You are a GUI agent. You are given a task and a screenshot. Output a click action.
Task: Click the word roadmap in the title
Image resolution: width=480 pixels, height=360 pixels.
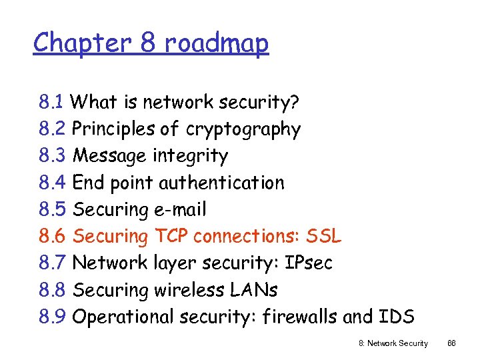coord(217,43)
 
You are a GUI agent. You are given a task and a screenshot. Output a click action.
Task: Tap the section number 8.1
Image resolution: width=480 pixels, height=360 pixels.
coord(51,102)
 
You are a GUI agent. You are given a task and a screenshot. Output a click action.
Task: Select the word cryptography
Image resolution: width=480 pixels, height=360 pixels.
coord(243,129)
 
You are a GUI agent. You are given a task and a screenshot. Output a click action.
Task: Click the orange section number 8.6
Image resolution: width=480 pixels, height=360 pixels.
coord(51,236)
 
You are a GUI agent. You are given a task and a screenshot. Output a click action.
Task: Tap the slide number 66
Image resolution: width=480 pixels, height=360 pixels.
coord(451,343)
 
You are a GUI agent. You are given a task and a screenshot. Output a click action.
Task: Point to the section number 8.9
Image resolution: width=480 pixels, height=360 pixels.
coord(51,317)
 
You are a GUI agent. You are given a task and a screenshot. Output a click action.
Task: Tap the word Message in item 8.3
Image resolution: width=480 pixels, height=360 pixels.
coord(109,156)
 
